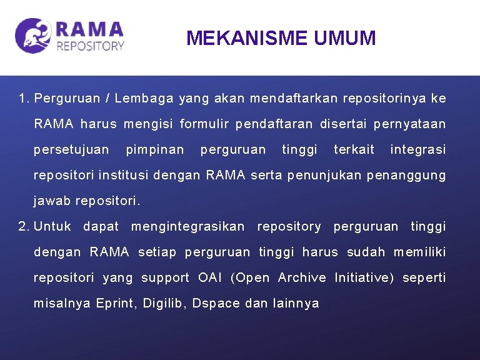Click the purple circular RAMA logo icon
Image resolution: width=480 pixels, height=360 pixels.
(x=33, y=36)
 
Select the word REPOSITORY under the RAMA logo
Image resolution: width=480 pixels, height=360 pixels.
(x=90, y=46)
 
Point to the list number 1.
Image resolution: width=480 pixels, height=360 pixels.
(x=24, y=99)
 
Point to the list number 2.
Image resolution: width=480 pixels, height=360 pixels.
(x=24, y=226)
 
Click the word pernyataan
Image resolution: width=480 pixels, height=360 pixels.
(x=409, y=124)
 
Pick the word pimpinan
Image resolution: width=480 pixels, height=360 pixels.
(x=155, y=150)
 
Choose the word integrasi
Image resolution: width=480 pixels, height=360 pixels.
(x=417, y=150)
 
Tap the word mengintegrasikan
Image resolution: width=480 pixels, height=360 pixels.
(x=187, y=226)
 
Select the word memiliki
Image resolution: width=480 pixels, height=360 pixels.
(x=419, y=252)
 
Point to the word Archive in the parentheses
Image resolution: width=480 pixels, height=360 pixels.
(x=302, y=277)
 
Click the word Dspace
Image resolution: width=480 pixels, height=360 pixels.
(x=216, y=303)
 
